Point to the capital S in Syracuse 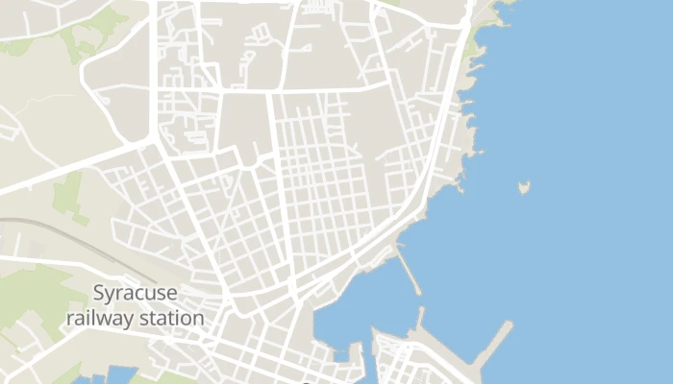click(x=100, y=293)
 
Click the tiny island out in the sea click(x=524, y=186)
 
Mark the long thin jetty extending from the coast click(x=409, y=271)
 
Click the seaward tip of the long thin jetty click(x=419, y=292)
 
